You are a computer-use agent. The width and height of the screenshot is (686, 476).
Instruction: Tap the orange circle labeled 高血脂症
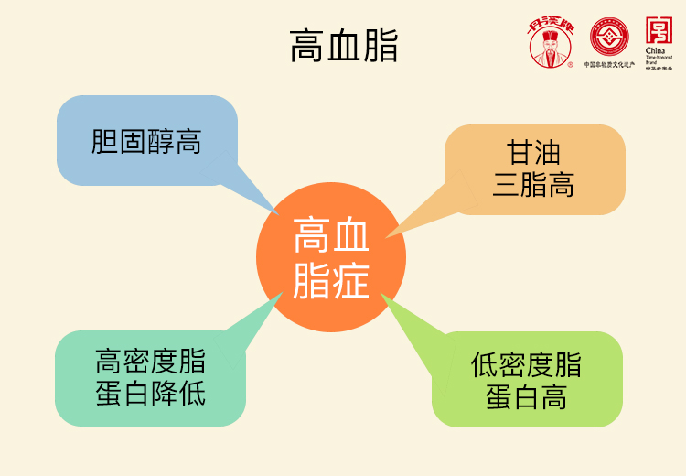coord(331,257)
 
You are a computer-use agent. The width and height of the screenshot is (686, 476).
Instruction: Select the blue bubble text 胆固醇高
coord(146,142)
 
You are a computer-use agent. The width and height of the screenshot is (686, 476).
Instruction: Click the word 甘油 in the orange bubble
coord(533,152)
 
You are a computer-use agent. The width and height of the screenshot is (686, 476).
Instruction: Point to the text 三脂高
coord(533,185)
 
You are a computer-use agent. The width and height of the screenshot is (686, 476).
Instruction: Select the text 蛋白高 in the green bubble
coord(526,397)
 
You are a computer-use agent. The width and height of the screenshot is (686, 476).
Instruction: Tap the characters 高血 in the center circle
coord(331,237)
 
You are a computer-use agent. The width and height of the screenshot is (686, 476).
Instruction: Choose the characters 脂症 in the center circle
coord(331,280)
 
